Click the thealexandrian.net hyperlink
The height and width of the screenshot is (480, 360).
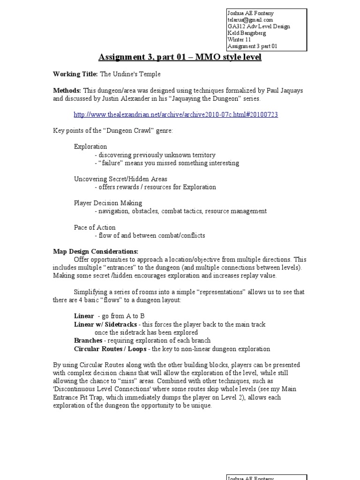pyautogui.click(x=176, y=115)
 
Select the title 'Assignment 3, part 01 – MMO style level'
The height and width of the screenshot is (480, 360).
pyautogui.click(x=180, y=57)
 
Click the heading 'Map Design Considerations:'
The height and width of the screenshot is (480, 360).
pyautogui.click(x=95, y=251)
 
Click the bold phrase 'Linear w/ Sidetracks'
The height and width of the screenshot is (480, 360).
pyautogui.click(x=105, y=324)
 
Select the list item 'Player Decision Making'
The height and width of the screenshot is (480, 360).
pyautogui.click(x=108, y=203)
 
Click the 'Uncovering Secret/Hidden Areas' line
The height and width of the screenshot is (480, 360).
pyautogui.click(x=120, y=179)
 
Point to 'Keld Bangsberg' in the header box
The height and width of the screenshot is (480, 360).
pyautogui.click(x=247, y=33)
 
